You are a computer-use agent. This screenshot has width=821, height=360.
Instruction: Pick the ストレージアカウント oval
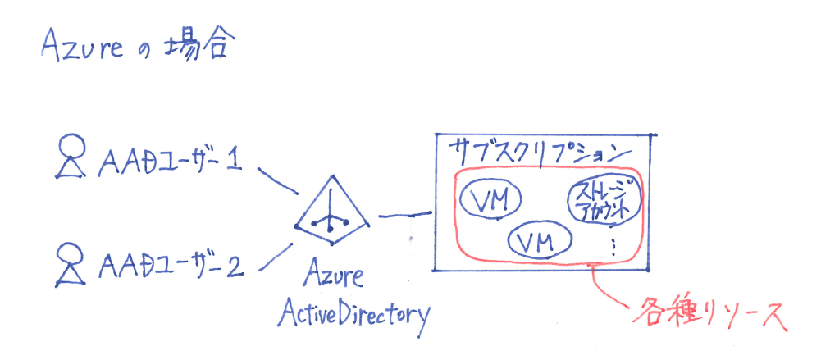pyautogui.click(x=601, y=201)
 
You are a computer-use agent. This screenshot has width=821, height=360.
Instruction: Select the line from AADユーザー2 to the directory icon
pyautogui.click(x=276, y=257)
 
